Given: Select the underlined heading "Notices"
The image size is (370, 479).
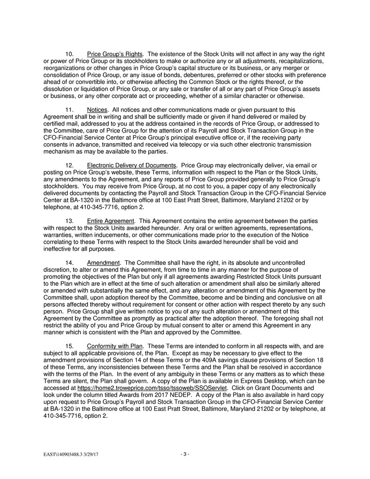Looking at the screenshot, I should [97, 110].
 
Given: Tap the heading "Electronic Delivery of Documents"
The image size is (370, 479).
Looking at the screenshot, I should [132, 165].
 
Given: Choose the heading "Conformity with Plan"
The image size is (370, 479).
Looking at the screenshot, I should [115, 346].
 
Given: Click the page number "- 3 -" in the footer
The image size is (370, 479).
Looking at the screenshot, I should [185, 454].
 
